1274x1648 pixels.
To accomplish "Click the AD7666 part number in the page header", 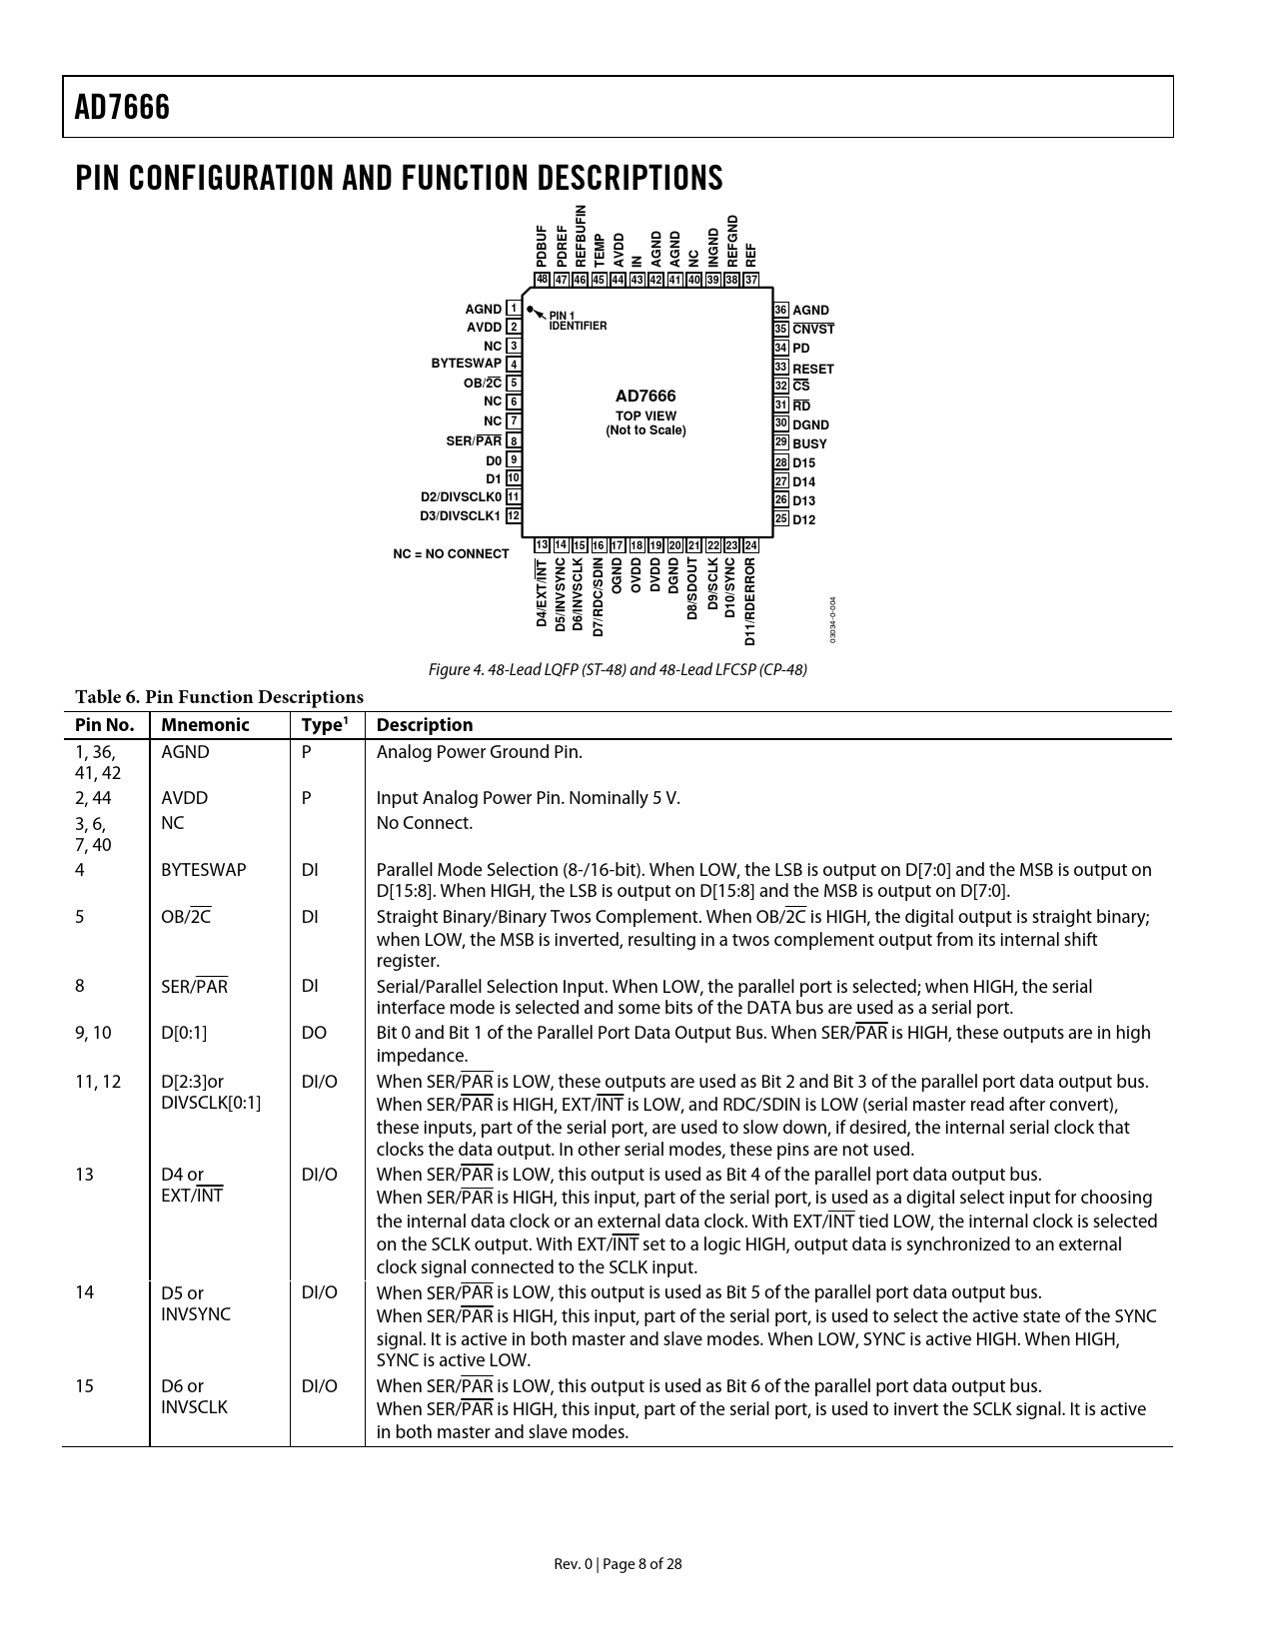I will point(122,108).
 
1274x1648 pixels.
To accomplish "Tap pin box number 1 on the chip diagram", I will point(513,309).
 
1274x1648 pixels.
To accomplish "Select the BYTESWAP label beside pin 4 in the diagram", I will point(466,364).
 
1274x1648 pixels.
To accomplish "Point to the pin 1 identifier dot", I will point(531,310).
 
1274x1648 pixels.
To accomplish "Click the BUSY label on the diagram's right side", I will point(809,443).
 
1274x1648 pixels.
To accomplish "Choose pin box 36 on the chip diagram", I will point(781,310).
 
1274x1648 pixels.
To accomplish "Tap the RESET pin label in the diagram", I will point(812,369).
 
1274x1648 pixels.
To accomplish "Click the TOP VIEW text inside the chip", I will point(645,416).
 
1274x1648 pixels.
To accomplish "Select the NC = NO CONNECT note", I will point(451,553).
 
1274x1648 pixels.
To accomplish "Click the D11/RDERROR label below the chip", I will point(750,600).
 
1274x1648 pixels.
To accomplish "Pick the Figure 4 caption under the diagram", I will point(618,669).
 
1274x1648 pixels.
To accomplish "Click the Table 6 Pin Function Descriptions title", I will point(219,697).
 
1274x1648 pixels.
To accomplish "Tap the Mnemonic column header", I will point(205,725).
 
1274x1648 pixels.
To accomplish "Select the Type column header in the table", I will point(322,725).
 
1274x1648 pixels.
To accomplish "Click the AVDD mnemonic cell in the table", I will point(185,798).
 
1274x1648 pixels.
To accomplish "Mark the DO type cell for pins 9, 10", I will point(314,1033).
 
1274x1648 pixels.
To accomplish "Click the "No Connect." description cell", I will point(424,823).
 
